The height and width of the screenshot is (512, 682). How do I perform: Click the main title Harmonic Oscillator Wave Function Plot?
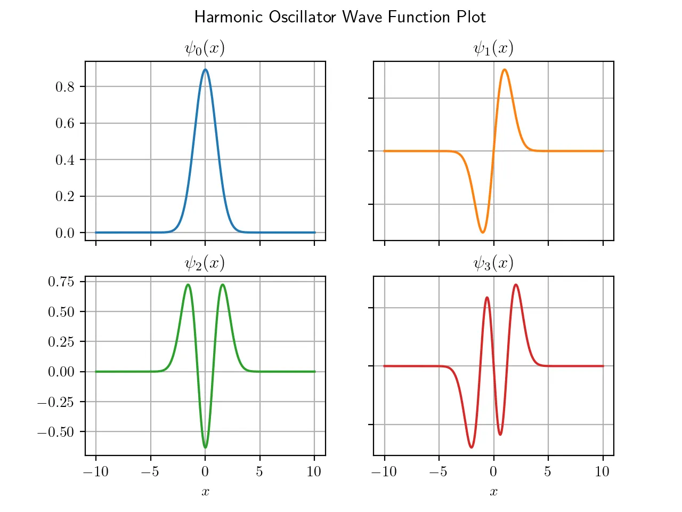click(340, 17)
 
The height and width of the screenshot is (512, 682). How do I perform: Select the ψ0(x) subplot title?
click(205, 49)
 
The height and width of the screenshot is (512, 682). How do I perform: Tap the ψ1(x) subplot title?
click(493, 49)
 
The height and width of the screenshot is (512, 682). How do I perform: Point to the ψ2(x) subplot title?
click(205, 263)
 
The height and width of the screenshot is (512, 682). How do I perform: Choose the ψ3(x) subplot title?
click(493, 263)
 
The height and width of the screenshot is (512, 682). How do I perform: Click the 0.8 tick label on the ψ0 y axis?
click(65, 87)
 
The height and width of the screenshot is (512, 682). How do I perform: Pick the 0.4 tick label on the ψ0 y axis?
click(65, 160)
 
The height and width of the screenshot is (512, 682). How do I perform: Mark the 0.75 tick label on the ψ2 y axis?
click(61, 282)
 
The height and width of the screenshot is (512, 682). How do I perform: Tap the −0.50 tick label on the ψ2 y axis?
click(56, 432)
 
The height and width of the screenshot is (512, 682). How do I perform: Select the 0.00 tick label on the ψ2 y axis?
click(61, 372)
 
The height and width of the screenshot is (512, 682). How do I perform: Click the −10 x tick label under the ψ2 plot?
click(96, 471)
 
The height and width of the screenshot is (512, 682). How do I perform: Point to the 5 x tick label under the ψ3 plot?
click(548, 471)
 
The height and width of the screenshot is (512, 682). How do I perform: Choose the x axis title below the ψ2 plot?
click(205, 492)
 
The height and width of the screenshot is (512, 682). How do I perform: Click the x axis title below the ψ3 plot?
click(493, 492)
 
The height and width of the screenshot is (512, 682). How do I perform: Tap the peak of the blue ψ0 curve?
click(205, 69)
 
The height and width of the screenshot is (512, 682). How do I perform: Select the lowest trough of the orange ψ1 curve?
click(483, 233)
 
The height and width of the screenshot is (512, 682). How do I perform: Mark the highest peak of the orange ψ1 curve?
click(505, 69)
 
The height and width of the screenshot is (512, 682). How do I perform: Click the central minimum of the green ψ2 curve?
click(205, 447)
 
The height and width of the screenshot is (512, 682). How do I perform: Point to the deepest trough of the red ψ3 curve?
click(472, 447)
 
